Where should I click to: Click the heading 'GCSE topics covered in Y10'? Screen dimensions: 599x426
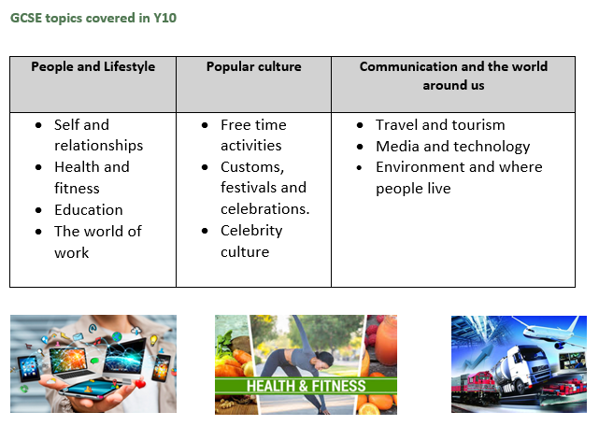click(93, 18)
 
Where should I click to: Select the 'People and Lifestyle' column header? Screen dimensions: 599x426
click(93, 66)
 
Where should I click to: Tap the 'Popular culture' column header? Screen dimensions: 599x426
click(253, 66)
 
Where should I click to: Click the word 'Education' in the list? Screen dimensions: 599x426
click(89, 210)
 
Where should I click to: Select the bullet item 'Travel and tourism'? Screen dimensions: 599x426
click(440, 125)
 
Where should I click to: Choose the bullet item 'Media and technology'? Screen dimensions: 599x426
click(452, 147)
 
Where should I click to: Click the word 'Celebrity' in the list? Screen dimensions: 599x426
click(251, 231)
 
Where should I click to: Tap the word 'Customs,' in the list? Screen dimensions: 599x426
click(252, 167)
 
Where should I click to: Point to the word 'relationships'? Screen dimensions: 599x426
click(98, 146)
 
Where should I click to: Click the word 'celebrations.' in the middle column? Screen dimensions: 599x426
click(264, 209)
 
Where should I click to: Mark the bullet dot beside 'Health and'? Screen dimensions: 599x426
click(38, 167)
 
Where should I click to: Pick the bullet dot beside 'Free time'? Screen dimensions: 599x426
click(205, 125)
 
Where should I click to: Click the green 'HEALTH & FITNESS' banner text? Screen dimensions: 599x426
click(306, 386)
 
